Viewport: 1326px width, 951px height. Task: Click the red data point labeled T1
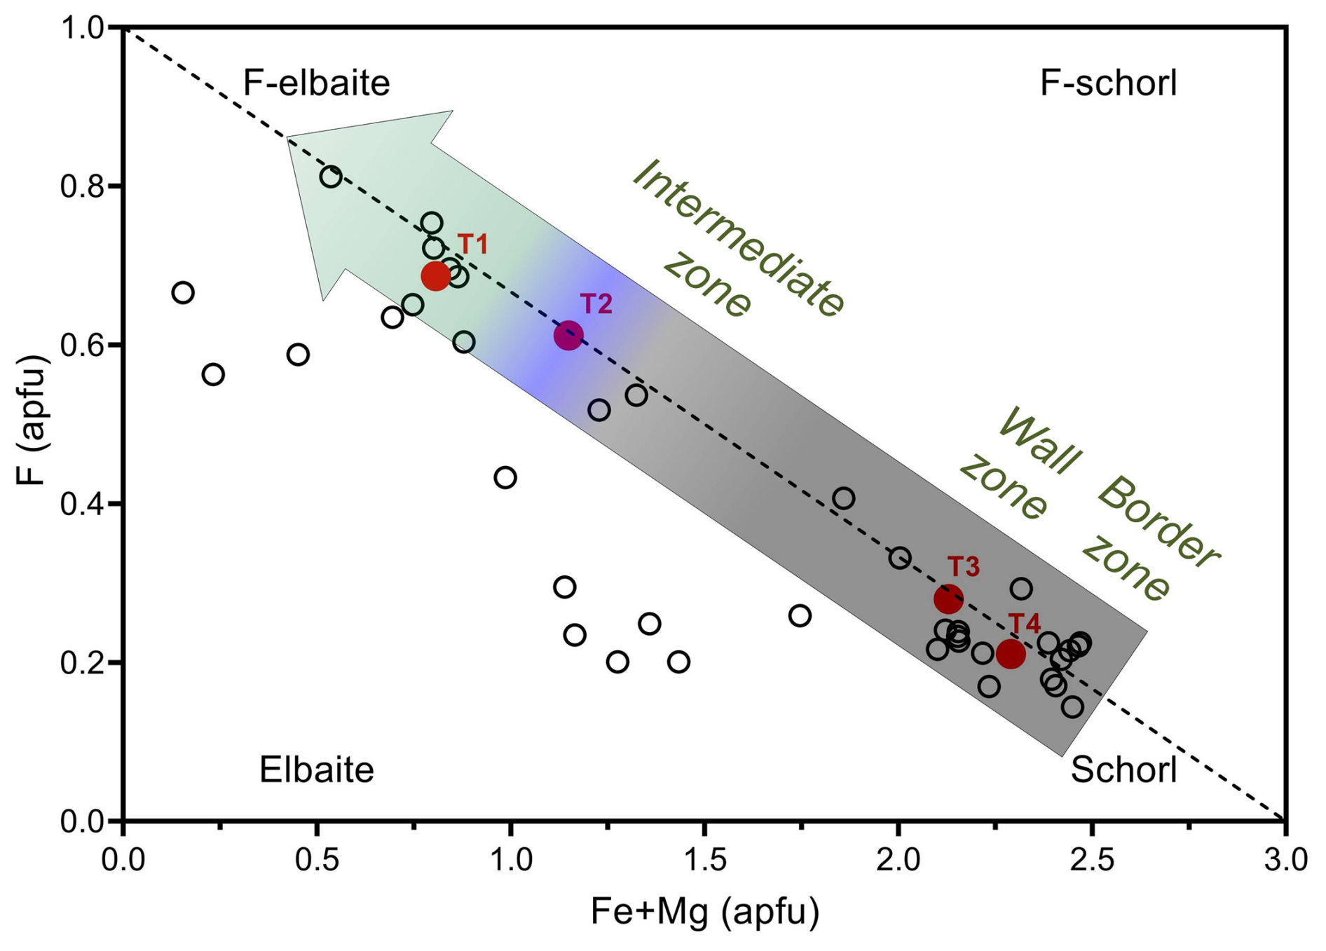(x=435, y=275)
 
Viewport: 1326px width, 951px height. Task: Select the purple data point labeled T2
(x=568, y=335)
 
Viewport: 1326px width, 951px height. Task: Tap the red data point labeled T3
(x=948, y=598)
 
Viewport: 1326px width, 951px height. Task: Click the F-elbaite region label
(x=316, y=83)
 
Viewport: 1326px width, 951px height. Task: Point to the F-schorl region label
(x=1108, y=83)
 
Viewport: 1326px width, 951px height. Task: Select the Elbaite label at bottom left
(x=317, y=770)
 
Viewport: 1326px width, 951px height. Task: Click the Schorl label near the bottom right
(x=1123, y=770)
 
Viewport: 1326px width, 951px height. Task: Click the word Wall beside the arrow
(x=1038, y=442)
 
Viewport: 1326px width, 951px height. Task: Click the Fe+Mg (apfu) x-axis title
(x=704, y=912)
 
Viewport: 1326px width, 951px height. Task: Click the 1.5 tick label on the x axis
(x=704, y=859)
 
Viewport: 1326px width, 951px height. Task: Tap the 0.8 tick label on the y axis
(x=81, y=186)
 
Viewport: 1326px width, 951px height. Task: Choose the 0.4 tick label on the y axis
(x=81, y=504)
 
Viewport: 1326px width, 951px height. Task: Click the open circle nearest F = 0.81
(x=331, y=177)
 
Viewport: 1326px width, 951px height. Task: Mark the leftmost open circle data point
(x=183, y=292)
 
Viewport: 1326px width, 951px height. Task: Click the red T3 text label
(x=964, y=566)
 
